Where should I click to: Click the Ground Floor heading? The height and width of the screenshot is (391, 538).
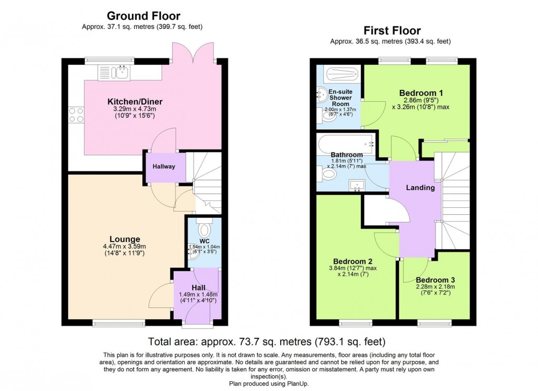(143, 16)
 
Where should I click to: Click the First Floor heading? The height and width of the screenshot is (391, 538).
(392, 31)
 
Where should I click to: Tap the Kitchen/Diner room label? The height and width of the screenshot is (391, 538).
(135, 102)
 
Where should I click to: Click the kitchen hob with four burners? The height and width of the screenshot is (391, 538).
(76, 115)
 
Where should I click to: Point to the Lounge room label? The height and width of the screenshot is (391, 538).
(125, 239)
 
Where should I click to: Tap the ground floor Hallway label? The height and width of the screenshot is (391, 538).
(164, 167)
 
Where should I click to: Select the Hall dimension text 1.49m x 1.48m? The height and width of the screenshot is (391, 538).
(198, 294)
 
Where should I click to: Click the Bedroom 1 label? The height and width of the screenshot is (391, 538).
(421, 93)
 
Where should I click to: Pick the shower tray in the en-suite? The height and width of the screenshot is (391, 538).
(342, 73)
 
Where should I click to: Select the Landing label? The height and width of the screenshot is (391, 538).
(420, 187)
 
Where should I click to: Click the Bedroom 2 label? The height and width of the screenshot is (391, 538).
(353, 261)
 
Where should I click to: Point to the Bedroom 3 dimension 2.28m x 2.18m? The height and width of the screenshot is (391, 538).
(435, 287)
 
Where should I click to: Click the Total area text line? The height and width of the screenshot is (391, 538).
(266, 341)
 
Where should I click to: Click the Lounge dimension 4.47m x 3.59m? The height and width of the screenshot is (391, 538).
(124, 246)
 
